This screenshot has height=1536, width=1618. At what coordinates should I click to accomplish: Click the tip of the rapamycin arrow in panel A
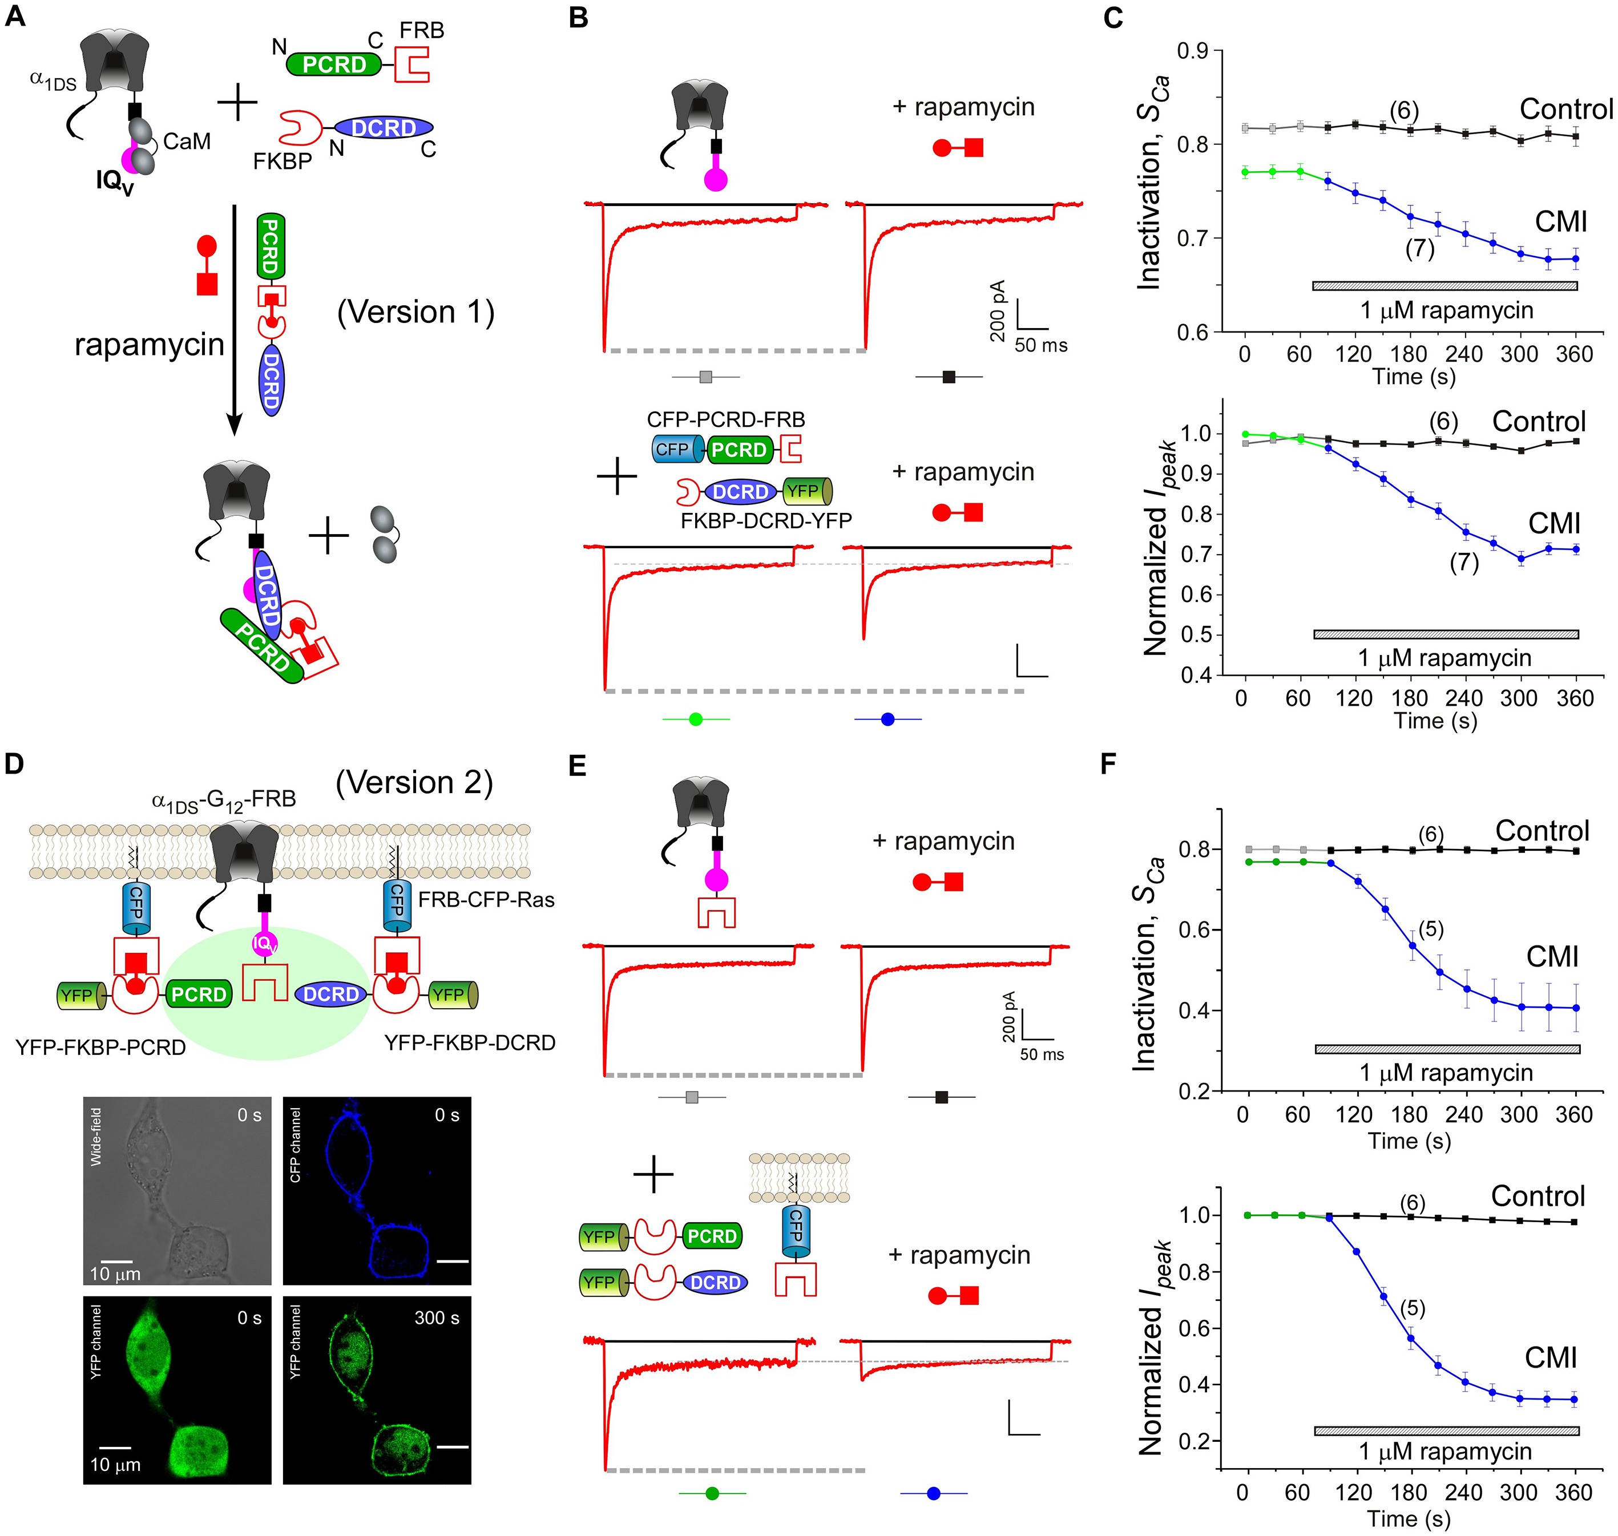(x=234, y=434)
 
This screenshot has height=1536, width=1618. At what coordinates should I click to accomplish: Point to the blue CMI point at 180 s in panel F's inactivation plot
(x=1411, y=945)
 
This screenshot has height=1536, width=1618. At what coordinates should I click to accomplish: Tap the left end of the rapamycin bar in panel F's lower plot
(x=1315, y=1430)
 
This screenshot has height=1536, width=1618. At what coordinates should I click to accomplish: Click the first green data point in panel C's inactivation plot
(x=1245, y=171)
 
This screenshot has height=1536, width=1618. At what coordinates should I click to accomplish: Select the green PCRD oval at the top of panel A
(x=334, y=64)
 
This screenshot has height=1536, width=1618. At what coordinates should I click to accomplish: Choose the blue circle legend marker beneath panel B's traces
(x=887, y=720)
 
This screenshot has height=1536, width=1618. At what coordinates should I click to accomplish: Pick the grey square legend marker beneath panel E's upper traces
(x=691, y=1097)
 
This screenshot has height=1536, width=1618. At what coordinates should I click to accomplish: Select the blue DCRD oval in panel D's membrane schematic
(x=331, y=994)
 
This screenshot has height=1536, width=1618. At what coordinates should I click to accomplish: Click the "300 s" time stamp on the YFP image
(x=437, y=1317)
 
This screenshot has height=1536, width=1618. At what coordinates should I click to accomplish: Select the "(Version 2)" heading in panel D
(x=414, y=783)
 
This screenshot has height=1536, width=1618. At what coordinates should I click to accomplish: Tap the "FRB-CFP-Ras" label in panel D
(x=486, y=900)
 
